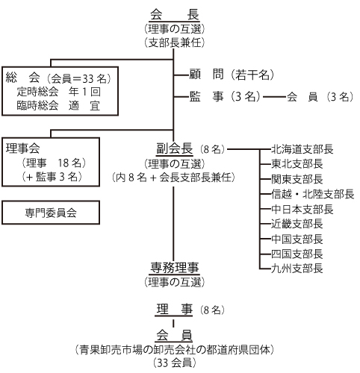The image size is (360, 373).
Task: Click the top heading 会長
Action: click(x=174, y=14)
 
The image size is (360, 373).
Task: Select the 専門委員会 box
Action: click(x=51, y=213)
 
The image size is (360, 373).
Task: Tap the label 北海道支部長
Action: click(x=302, y=149)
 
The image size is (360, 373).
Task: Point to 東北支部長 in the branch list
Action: click(x=297, y=164)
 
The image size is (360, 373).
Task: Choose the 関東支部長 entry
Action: click(x=297, y=179)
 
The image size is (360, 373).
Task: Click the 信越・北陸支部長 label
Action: click(x=312, y=194)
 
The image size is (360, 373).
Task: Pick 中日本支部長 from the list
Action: click(x=302, y=209)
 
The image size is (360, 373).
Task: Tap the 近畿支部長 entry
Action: click(x=297, y=224)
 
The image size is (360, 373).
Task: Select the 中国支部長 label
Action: click(x=297, y=239)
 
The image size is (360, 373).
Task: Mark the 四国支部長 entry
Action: click(x=297, y=254)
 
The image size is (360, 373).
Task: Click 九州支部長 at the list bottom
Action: click(x=297, y=269)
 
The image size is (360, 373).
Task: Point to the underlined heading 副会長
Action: click(x=174, y=148)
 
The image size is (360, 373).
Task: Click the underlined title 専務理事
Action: click(x=174, y=268)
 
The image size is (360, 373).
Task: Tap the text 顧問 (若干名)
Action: click(x=232, y=75)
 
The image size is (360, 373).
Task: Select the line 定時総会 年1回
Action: click(x=59, y=92)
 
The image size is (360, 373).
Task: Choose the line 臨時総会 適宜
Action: click(x=59, y=105)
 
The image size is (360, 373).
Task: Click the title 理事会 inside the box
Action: click(x=22, y=148)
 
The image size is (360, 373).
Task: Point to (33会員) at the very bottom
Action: click(x=174, y=363)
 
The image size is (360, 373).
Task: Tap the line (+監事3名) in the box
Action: click(x=52, y=177)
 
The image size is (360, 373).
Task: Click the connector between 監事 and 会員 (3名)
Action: click(x=274, y=97)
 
